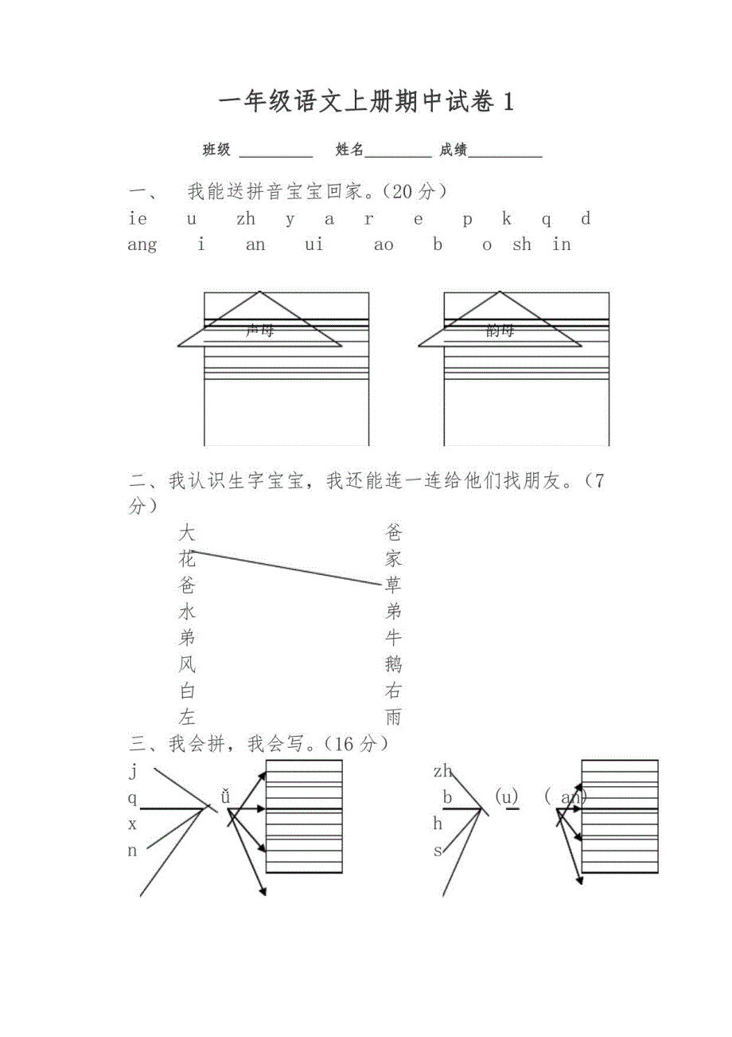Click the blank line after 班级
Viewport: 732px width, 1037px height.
click(x=276, y=155)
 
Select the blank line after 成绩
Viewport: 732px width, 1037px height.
click(x=505, y=155)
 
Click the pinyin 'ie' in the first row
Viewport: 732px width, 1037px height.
click(x=137, y=219)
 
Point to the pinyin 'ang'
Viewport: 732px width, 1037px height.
click(x=142, y=245)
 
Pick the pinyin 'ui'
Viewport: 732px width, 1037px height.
click(x=314, y=245)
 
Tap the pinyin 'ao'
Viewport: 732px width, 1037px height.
click(x=384, y=245)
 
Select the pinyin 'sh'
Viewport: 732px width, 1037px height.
click(x=522, y=245)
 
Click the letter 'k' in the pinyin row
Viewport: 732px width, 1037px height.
click(x=507, y=219)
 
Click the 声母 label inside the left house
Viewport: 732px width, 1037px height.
click(x=259, y=331)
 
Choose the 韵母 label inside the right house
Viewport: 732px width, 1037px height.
click(x=500, y=331)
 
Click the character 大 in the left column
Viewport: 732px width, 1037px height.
click(x=187, y=532)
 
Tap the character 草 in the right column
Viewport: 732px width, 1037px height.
click(x=393, y=585)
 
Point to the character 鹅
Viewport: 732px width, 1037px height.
click(x=393, y=664)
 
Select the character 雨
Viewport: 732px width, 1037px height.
click(x=393, y=717)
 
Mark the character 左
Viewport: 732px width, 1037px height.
click(x=187, y=717)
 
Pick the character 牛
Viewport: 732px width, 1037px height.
click(x=393, y=638)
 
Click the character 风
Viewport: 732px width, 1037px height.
click(x=187, y=664)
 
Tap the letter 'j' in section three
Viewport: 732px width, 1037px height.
click(x=133, y=770)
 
